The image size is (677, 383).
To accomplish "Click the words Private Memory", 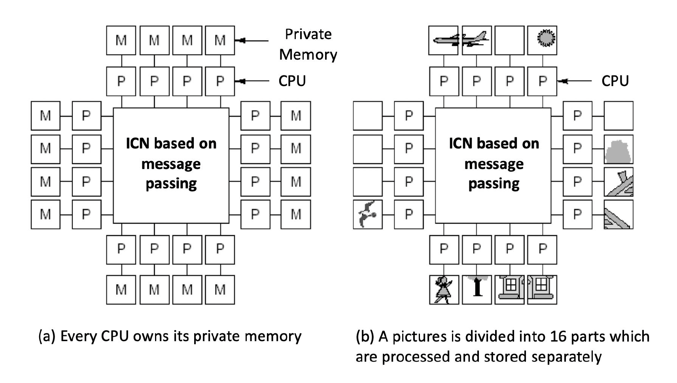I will click(308, 44).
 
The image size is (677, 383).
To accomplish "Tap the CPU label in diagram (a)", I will click(292, 81).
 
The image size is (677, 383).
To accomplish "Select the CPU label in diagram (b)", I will click(615, 81).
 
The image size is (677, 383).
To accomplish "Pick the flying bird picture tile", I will click(368, 214).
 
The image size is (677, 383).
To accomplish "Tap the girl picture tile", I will click(444, 289).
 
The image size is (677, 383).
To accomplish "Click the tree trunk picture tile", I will click(477, 289).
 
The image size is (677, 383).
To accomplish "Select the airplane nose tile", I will click(444, 40).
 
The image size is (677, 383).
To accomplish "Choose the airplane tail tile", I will click(477, 40).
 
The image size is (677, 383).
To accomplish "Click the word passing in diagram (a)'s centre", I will click(171, 184).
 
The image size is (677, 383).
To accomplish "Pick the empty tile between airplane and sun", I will click(509, 40).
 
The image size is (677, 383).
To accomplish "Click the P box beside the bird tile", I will click(408, 214).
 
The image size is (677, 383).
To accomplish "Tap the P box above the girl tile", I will click(444, 250).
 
